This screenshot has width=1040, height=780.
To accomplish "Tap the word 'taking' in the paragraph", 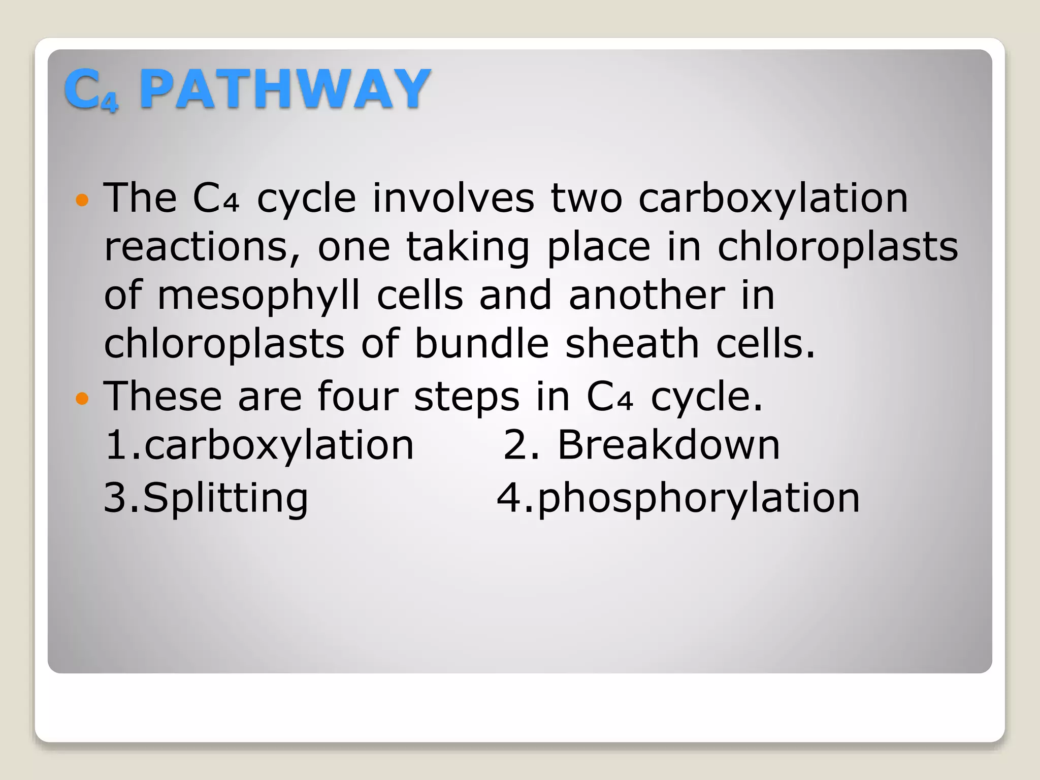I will tap(468, 247).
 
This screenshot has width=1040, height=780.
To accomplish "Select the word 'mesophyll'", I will tap(259, 296).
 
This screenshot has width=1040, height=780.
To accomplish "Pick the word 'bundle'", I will tap(481, 344).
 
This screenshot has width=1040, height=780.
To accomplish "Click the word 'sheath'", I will tap(632, 344).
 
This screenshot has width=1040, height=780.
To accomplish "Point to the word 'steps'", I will tap(467, 397).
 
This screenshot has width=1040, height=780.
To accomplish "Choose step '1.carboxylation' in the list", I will tap(259, 445).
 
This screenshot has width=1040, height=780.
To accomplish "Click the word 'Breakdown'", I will tap(668, 445).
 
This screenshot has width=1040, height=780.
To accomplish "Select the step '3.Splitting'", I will tap(206, 498).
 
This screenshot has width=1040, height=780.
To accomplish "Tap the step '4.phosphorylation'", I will tap(678, 498).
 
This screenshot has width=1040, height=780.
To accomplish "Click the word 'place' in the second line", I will tap(599, 247).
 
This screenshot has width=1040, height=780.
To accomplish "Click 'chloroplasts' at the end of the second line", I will tap(837, 247).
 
